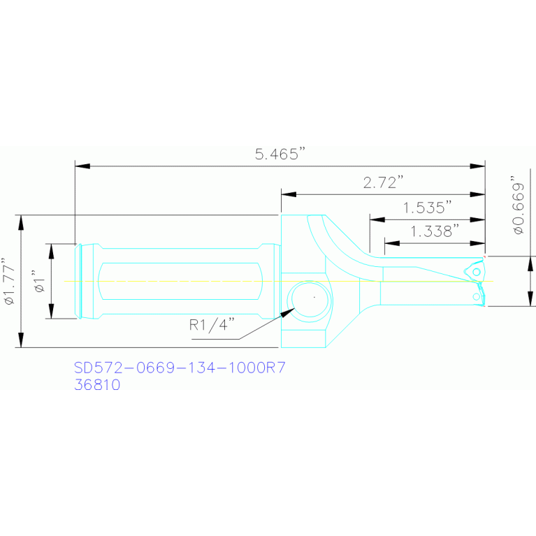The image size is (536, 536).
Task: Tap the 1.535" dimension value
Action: [427, 208]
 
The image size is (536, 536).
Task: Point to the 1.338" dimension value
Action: [434, 231]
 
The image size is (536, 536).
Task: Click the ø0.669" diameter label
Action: [517, 205]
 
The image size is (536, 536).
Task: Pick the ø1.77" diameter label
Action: [10, 280]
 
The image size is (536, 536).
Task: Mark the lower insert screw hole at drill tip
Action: [477, 297]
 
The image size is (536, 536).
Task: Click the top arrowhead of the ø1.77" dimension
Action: [22, 223]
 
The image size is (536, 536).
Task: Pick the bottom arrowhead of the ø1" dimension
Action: [51, 311]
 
